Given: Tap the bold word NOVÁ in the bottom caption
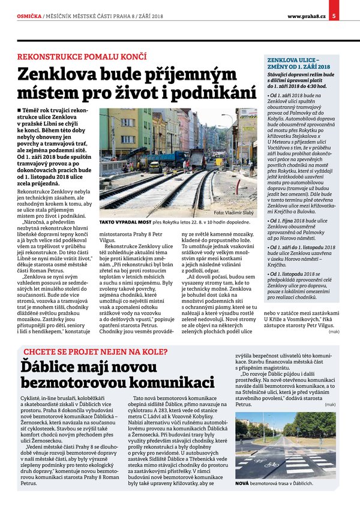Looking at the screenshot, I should [241, 482].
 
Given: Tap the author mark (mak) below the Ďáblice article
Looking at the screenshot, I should [329, 404].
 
